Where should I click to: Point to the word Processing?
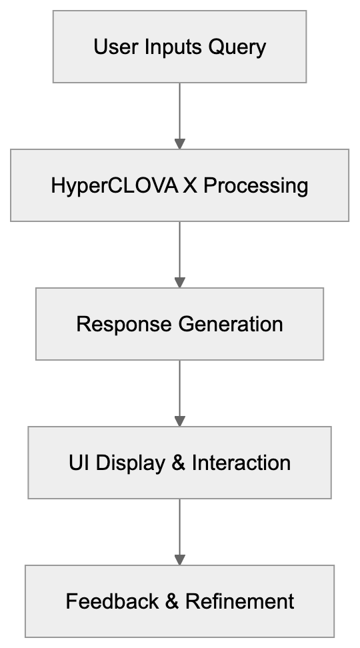pos(256,185)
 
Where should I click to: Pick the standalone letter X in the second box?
pos(191,185)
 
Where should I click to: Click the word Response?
pos(124,324)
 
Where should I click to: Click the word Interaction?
pos(241,463)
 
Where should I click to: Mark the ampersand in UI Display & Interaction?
pos(179,463)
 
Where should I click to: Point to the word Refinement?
pos(240,601)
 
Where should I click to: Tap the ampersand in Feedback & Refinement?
pos(172,601)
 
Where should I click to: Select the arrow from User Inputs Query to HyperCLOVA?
pos(179,113)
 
